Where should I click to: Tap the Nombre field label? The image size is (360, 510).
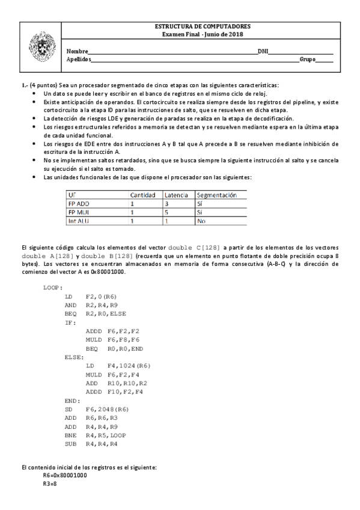77,52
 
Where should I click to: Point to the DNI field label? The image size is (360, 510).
263,52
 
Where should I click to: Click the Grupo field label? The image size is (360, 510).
307,60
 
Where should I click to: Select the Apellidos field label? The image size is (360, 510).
79,60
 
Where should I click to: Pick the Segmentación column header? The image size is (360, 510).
217,195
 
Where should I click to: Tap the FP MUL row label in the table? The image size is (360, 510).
79,212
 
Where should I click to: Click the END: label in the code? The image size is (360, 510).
72,400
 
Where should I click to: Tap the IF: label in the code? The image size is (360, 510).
70,322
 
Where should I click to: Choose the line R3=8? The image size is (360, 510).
50,483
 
